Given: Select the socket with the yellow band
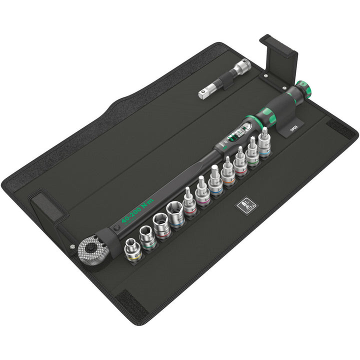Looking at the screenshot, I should click(133, 249).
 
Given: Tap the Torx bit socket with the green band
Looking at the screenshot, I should click(252, 152).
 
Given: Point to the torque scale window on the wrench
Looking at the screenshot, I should click(239, 131).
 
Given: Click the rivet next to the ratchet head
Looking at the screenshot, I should click(71, 246).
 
